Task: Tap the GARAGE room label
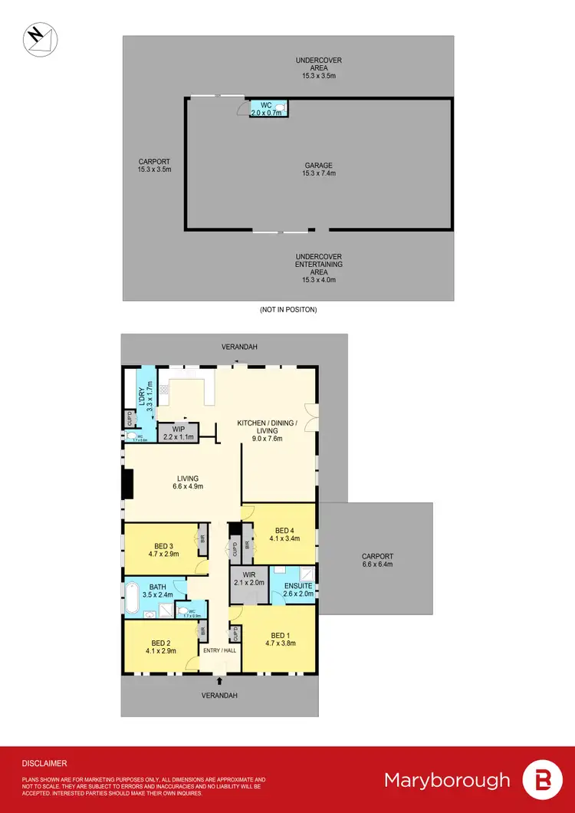(x=318, y=169)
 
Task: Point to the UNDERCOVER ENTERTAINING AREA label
(x=318, y=268)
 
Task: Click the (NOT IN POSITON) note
(x=289, y=310)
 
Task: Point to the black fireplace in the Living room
(x=128, y=484)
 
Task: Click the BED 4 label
(x=284, y=534)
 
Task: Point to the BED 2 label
(x=160, y=647)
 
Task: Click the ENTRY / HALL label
(x=219, y=650)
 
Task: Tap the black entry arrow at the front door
(x=220, y=680)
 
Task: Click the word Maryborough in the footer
(x=447, y=781)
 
